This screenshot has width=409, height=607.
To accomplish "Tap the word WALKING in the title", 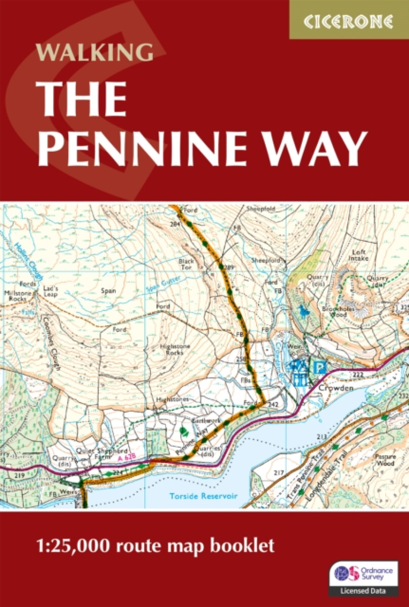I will coord(94,53).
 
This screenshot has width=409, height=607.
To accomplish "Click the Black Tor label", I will coord(186,264).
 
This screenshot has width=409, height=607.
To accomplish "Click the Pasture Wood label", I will coord(384,459).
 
